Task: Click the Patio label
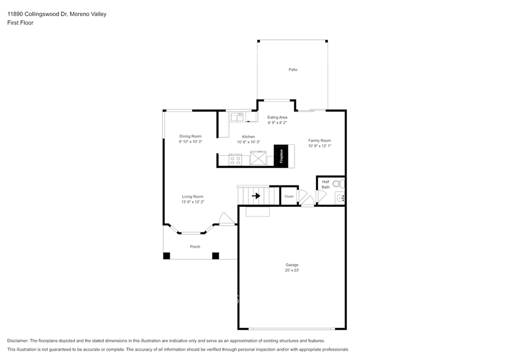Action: (293, 69)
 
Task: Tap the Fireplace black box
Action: (281, 156)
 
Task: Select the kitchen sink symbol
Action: (237, 117)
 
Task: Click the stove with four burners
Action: (235, 160)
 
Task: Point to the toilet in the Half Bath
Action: (339, 183)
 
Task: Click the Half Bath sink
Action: (340, 198)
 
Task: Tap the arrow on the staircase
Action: (256, 196)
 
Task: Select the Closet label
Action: (289, 196)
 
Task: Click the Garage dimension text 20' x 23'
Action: (292, 270)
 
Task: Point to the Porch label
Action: (195, 247)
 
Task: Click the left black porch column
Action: (166, 256)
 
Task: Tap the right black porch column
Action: (216, 256)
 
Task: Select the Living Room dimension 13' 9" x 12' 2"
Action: (193, 202)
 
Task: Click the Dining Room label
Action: (190, 136)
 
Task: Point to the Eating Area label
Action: (277, 117)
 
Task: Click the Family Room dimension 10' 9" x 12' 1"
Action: (320, 146)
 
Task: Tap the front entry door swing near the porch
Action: (227, 218)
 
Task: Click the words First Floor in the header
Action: (20, 23)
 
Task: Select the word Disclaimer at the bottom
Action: (18, 341)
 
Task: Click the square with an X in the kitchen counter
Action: (258, 159)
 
